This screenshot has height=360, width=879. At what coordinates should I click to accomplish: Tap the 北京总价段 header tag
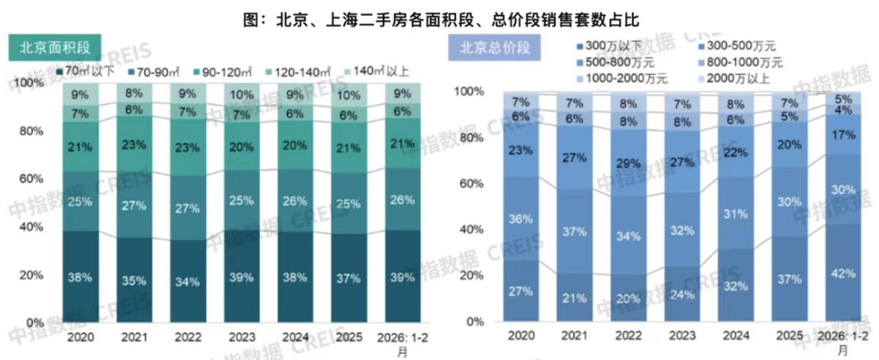494,49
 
